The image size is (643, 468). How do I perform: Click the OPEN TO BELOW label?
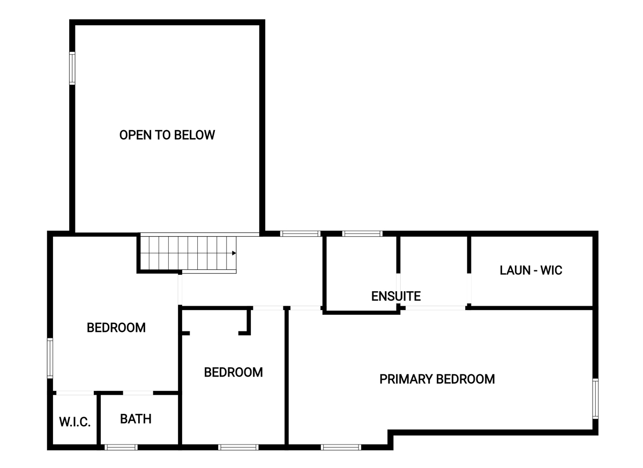click(x=167, y=135)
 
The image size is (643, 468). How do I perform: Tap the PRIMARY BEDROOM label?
click(x=437, y=379)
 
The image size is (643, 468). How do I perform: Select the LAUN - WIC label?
click(x=531, y=270)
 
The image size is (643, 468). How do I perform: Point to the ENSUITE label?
click(x=396, y=296)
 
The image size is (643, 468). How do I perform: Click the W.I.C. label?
click(x=75, y=422)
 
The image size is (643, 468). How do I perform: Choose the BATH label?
click(x=136, y=419)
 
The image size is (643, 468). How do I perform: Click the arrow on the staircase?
click(x=234, y=253)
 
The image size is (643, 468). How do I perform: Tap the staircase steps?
click(x=188, y=253)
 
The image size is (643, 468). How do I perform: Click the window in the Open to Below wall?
click(x=72, y=69)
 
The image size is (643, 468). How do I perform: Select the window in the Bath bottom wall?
click(x=121, y=447)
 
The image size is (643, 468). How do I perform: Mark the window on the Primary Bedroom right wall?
click(x=596, y=398)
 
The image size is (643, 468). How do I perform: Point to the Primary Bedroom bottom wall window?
click(x=341, y=447)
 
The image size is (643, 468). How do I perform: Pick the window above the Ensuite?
click(x=362, y=233)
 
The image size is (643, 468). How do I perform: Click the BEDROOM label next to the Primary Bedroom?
click(x=234, y=373)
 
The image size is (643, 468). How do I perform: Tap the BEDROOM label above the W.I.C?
click(x=116, y=328)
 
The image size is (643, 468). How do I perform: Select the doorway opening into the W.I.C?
click(x=75, y=393)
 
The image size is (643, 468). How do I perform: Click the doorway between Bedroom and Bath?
click(x=138, y=393)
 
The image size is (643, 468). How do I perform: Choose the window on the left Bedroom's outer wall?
click(x=50, y=358)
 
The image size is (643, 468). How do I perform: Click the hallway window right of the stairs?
click(x=300, y=233)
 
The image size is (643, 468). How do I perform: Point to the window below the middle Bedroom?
click(x=238, y=447)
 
